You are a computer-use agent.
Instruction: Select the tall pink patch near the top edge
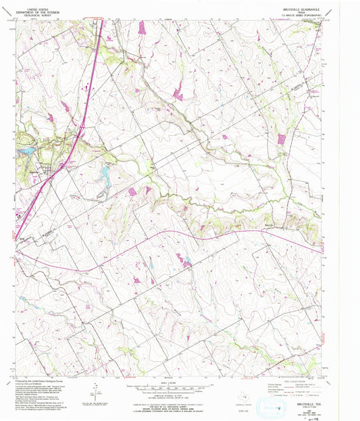pyautogui.click(x=142, y=28)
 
